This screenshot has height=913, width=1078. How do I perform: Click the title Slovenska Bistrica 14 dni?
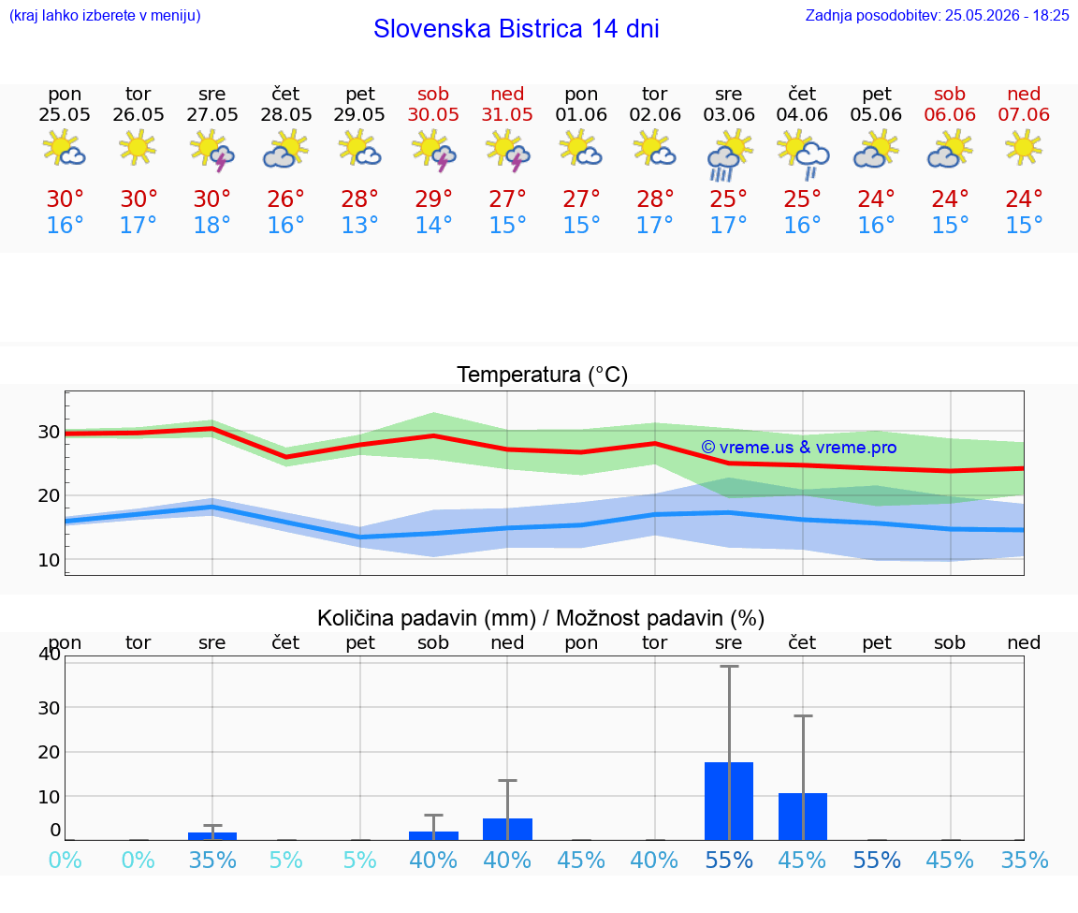517,29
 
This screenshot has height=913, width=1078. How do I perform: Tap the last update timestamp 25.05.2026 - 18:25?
1007,15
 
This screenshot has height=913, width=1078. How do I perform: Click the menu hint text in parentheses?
105,15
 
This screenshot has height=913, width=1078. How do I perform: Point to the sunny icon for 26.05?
138,147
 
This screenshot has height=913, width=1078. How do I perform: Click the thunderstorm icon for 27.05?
211,151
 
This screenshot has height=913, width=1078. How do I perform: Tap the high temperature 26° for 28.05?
285,199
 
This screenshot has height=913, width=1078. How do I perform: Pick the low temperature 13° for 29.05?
359,225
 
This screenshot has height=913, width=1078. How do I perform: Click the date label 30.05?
433,114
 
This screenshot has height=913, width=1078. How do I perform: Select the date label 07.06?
1024,114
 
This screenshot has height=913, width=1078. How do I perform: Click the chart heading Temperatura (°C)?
543,375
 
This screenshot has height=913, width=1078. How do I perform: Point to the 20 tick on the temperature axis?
49,495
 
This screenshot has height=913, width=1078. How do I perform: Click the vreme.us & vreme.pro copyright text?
799,448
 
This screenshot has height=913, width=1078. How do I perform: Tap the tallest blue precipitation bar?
729,801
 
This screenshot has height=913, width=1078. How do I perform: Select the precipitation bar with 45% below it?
802,817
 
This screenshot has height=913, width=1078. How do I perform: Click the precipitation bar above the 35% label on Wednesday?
212,836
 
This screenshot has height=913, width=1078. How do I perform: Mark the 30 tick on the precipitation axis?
49,707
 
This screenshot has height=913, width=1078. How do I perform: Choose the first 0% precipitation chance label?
65,860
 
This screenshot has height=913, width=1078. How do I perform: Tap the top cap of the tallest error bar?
730,666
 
